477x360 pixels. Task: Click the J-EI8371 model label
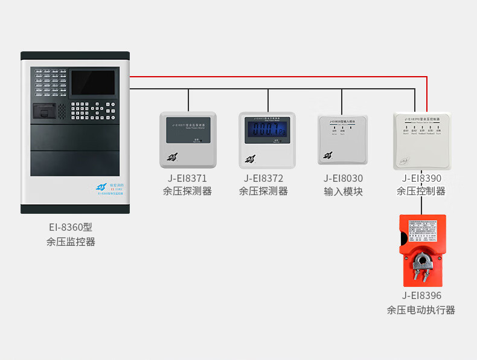click(187, 178)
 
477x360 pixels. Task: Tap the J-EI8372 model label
click(263, 178)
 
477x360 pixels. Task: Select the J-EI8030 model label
click(343, 178)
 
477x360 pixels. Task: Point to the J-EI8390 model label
click(421, 178)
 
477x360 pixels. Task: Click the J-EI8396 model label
click(421, 296)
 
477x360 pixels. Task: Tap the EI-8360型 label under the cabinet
click(71, 228)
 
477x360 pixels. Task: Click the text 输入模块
click(343, 191)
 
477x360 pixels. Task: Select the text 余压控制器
click(421, 191)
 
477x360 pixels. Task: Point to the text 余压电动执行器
click(421, 310)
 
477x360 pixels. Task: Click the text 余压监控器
click(71, 242)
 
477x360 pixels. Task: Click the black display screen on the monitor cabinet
click(93, 83)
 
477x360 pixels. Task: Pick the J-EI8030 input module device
click(343, 138)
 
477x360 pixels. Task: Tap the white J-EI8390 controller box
click(421, 141)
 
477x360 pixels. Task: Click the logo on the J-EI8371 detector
click(173, 158)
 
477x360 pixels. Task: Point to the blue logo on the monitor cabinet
click(101, 187)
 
